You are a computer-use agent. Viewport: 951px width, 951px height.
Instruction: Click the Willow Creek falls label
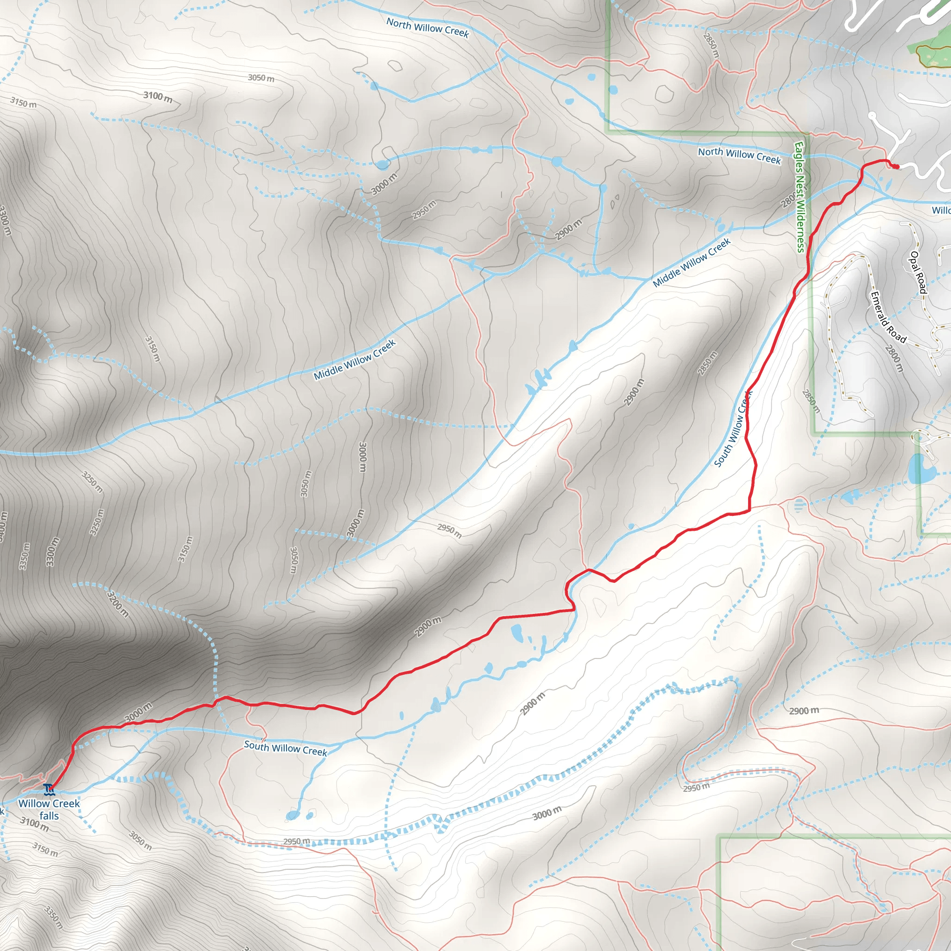click(x=49, y=809)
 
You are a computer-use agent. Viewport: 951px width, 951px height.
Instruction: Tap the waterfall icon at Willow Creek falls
click(x=48, y=790)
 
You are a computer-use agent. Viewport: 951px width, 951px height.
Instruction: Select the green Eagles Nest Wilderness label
click(x=800, y=197)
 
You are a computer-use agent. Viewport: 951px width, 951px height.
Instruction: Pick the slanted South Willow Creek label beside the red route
click(x=733, y=429)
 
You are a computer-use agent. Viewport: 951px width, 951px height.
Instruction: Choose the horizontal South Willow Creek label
click(x=286, y=748)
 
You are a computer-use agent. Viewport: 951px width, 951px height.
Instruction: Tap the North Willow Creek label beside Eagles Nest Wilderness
click(x=739, y=155)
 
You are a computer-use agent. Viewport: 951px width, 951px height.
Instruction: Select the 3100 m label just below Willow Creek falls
click(x=34, y=823)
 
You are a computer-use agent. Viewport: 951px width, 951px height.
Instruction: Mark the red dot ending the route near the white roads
click(x=896, y=167)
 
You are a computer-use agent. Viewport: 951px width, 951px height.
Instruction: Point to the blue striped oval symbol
click(x=798, y=505)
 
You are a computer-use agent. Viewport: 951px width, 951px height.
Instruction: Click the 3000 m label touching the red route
click(x=138, y=712)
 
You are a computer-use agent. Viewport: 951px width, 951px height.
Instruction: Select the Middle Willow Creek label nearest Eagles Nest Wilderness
click(x=691, y=263)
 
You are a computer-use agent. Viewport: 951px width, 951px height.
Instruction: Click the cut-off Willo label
click(x=941, y=211)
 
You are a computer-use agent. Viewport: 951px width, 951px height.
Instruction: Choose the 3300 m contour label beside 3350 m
click(x=52, y=552)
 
